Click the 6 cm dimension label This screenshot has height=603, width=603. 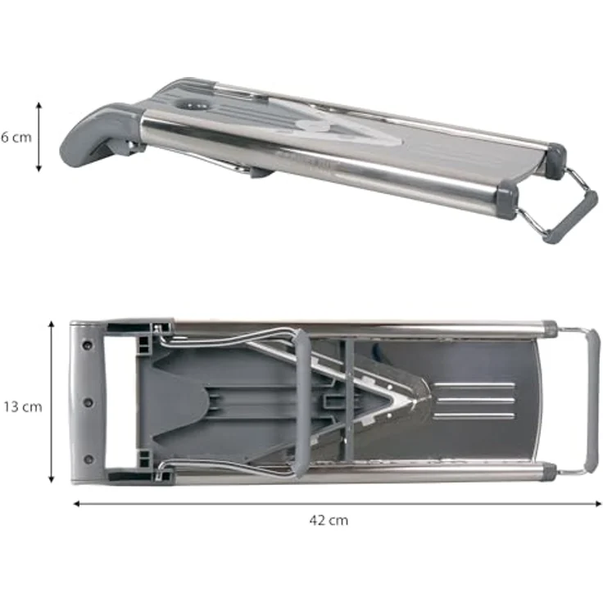click(16, 138)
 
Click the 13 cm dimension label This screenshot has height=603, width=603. click(23, 407)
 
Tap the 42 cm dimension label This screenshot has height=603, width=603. click(329, 520)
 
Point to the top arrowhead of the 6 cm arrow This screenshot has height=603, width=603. click(39, 105)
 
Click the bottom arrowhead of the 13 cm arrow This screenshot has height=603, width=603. click(51, 479)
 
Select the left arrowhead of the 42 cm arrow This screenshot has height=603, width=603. click(76, 503)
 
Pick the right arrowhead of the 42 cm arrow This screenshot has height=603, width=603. click(598, 503)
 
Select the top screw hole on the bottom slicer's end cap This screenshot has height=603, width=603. click(88, 345)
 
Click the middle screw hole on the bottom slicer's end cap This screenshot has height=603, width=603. click(88, 402)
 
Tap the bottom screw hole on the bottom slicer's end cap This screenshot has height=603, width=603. click(88, 459)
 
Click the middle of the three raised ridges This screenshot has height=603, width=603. click(476, 401)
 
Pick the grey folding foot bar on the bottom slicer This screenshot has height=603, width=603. click(592, 401)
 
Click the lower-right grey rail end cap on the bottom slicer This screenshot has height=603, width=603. click(549, 472)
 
